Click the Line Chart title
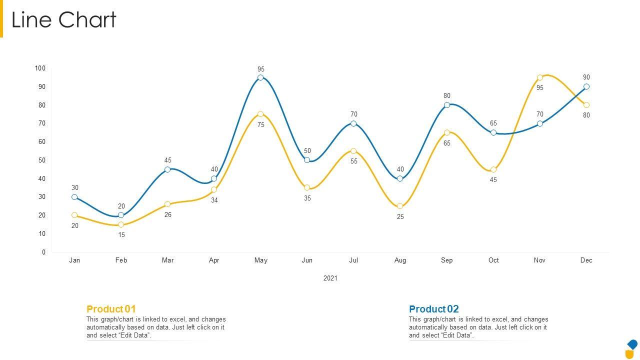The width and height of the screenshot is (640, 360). tap(64, 20)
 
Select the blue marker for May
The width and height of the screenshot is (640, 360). tap(260, 77)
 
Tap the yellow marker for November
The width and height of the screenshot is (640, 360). tap(540, 77)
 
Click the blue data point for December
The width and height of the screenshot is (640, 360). tap(586, 86)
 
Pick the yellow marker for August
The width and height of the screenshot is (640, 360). tap(400, 206)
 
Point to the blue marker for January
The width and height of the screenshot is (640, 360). tap(74, 197)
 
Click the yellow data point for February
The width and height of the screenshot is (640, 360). tap(121, 224)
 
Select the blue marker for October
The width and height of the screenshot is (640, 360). tap(493, 132)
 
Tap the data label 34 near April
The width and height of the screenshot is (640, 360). tap(214, 200)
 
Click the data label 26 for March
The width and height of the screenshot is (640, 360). tap(168, 215)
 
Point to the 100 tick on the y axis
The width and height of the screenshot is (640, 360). tap(40, 68)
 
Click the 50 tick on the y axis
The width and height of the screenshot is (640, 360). tap(41, 160)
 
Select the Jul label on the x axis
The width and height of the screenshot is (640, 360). tap(353, 260)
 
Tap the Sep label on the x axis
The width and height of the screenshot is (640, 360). tap(446, 260)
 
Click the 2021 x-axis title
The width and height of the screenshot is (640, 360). tap(330, 278)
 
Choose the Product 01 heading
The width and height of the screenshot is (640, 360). tap(111, 309)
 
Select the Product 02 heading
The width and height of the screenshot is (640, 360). tap(433, 309)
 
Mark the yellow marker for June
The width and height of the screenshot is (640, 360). tap(307, 187)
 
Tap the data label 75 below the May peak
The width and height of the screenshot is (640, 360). tap(261, 125)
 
